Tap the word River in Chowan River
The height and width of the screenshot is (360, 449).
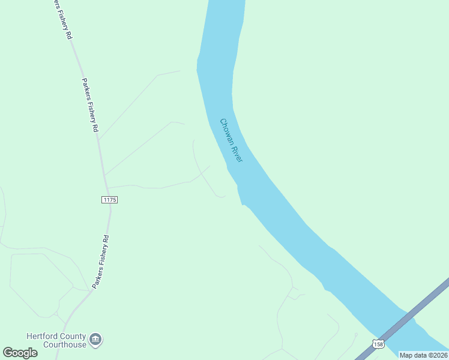click(x=237, y=154)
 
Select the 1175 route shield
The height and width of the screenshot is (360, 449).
click(x=109, y=199)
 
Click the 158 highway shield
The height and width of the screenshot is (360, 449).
click(x=378, y=343)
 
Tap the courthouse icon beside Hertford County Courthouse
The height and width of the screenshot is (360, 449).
click(x=95, y=340)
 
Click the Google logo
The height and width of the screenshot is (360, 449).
click(x=20, y=353)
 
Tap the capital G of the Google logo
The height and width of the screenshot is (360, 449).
click(x=8, y=352)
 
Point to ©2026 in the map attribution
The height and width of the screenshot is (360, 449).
click(x=438, y=355)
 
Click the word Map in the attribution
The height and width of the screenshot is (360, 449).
click(x=406, y=355)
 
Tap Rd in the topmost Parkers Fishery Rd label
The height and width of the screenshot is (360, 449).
click(x=70, y=35)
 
